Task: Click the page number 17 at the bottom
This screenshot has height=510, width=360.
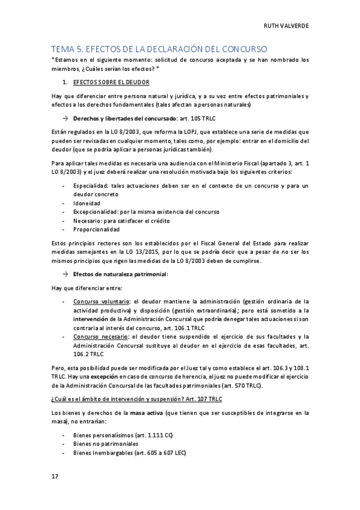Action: pos(54,476)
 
